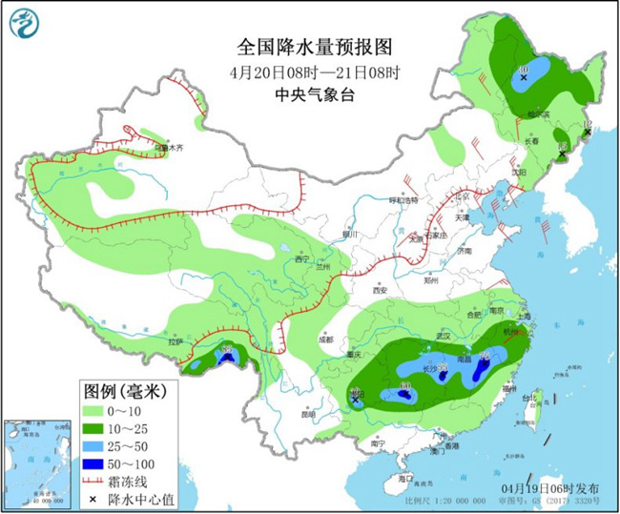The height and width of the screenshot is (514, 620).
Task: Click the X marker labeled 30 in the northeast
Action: pos(524,80)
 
